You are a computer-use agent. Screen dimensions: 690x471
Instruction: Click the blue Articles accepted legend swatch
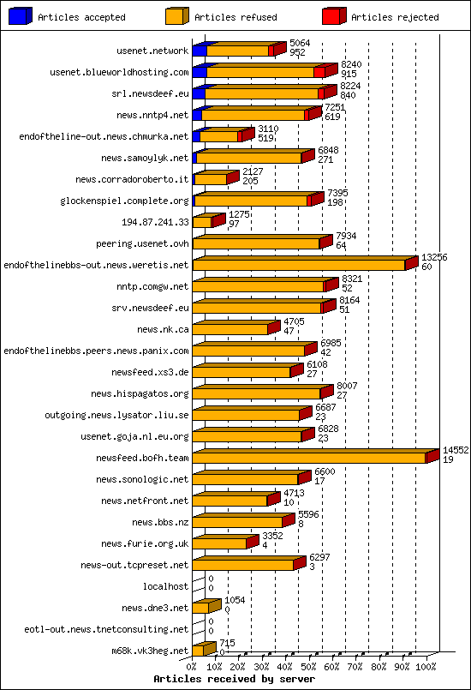(x=21, y=16)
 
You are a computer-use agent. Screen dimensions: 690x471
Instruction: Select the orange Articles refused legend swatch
(x=177, y=16)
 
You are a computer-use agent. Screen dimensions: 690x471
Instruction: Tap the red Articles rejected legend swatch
(x=334, y=16)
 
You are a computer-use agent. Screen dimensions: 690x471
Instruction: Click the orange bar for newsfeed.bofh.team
(x=308, y=458)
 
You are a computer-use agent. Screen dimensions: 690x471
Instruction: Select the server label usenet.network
(x=152, y=51)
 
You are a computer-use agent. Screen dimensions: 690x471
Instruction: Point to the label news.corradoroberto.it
(x=132, y=179)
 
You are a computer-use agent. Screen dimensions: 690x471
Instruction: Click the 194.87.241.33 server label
(x=155, y=222)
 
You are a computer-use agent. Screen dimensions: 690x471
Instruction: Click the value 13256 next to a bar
(x=434, y=257)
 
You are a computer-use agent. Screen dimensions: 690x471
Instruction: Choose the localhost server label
(x=166, y=586)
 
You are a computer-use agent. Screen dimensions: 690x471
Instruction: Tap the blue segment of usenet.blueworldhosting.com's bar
(x=199, y=72)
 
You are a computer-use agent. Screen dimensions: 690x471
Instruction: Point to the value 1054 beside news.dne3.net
(x=235, y=601)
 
